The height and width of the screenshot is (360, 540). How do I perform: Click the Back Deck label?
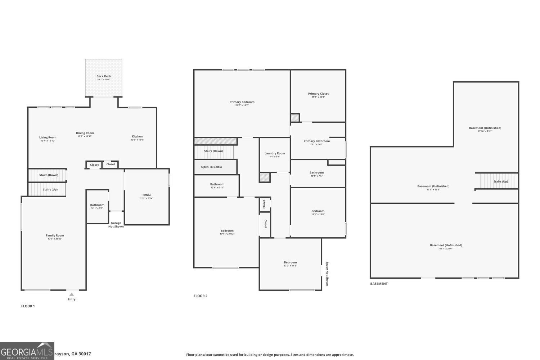click(x=104, y=76)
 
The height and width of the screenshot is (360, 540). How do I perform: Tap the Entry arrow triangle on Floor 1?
click(x=72, y=294)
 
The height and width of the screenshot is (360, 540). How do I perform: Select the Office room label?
click(x=147, y=195)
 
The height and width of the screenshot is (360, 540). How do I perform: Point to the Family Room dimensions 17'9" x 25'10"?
click(x=55, y=239)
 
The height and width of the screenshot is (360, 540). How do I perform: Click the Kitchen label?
click(x=137, y=136)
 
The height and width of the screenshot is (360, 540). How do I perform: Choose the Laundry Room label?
click(x=275, y=153)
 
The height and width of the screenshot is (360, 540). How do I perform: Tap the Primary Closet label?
click(x=318, y=94)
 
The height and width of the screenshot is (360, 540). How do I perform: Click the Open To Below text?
click(x=211, y=167)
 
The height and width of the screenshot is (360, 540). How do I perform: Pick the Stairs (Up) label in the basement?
click(x=500, y=181)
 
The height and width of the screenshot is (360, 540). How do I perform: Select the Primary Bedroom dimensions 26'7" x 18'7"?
click(x=242, y=105)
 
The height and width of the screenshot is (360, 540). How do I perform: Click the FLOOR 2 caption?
click(x=201, y=296)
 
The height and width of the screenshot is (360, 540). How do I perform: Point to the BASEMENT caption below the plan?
click(x=379, y=284)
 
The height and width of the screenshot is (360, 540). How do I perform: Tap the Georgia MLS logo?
click(x=27, y=351)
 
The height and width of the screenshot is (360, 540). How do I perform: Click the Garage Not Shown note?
click(x=116, y=225)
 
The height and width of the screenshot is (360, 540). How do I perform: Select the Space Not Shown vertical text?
click(x=327, y=274)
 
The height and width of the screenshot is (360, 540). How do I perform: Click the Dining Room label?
click(x=85, y=133)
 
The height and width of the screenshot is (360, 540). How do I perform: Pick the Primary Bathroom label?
click(x=316, y=141)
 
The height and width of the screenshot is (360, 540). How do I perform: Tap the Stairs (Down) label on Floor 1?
click(x=49, y=175)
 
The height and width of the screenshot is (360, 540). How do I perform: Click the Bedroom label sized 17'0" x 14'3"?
click(x=290, y=262)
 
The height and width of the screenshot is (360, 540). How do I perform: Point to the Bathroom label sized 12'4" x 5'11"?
click(x=217, y=184)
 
